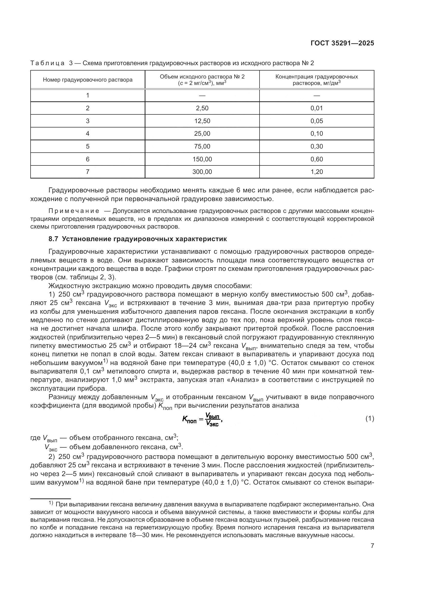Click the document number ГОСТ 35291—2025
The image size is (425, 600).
pyautogui.click(x=342, y=43)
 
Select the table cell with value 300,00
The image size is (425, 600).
pyautogui.click(x=202, y=172)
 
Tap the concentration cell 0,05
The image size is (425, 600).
pyautogui.click(x=317, y=121)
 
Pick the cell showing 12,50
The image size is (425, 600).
pyautogui.click(x=202, y=121)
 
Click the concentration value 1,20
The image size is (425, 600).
pyautogui.click(x=317, y=172)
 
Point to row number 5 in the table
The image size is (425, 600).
pyautogui.click(x=88, y=146)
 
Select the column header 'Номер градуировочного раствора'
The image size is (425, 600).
pyautogui.click(x=88, y=80)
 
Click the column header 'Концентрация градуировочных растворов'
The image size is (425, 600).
pyautogui.click(x=317, y=80)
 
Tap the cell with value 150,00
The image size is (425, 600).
pyautogui.click(x=202, y=159)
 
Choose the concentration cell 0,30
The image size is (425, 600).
pyautogui.click(x=317, y=146)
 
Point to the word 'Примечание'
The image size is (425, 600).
pyautogui.click(x=74, y=211)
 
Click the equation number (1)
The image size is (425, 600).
pyautogui.click(x=369, y=419)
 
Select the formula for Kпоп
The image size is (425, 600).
pyautogui.click(x=202, y=419)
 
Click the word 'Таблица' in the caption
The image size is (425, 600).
pyautogui.click(x=47, y=63)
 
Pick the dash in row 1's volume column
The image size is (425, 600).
pyautogui.click(x=202, y=95)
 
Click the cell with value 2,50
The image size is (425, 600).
pyautogui.click(x=202, y=108)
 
